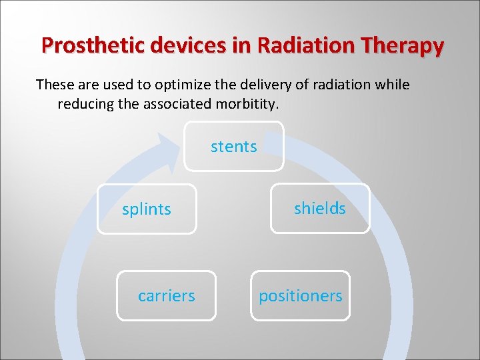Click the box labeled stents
click(234, 146)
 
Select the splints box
click(147, 209)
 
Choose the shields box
click(320, 209)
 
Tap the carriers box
click(167, 295)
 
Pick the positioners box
click(301, 295)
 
